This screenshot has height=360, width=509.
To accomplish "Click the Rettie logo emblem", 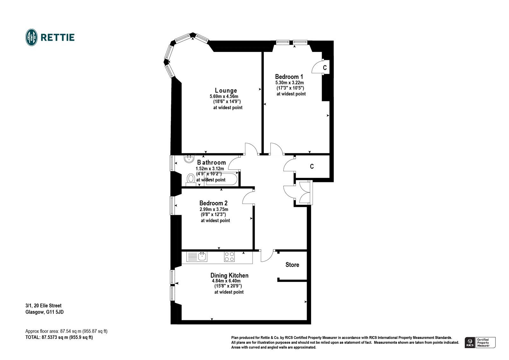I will click(x=31, y=38).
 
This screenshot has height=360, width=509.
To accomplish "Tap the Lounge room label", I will click(x=226, y=91).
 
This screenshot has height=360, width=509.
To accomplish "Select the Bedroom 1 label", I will click(x=289, y=77).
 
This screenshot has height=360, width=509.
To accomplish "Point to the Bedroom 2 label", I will click(x=213, y=203).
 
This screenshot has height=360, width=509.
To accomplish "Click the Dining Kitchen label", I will click(x=229, y=275).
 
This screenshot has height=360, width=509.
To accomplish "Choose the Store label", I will click(x=292, y=265).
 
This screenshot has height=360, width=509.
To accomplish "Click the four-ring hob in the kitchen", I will click(x=229, y=257).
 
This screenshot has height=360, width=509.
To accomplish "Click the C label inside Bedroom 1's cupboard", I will click(x=325, y=68).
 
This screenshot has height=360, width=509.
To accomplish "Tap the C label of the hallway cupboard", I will click(x=312, y=166).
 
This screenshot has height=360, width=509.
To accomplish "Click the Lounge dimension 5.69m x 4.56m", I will click(x=224, y=96).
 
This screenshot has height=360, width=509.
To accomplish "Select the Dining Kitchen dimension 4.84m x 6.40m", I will click(x=226, y=281).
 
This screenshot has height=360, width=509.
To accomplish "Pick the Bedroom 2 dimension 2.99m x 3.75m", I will click(x=214, y=209).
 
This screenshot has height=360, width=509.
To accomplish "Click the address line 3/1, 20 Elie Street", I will click(x=43, y=306).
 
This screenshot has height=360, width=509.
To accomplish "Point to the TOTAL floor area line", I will click(x=59, y=337).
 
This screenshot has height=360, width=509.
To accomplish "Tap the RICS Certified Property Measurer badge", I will click(x=480, y=342).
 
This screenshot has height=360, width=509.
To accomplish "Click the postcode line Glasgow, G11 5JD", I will click(x=45, y=312).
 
